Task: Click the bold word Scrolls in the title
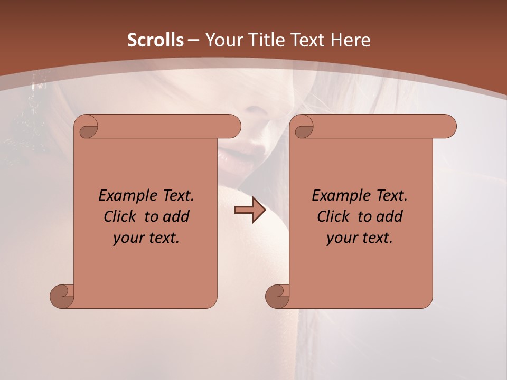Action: pos(155,40)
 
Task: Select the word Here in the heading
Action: pos(351,40)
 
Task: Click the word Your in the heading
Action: pos(225,40)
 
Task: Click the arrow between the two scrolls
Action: pos(250,210)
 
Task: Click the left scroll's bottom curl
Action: pos(62,296)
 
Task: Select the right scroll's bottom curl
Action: pos(277,296)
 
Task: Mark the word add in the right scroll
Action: pos(389,216)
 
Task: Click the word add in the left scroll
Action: pos(175,216)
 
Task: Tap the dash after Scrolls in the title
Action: pos(193,41)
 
